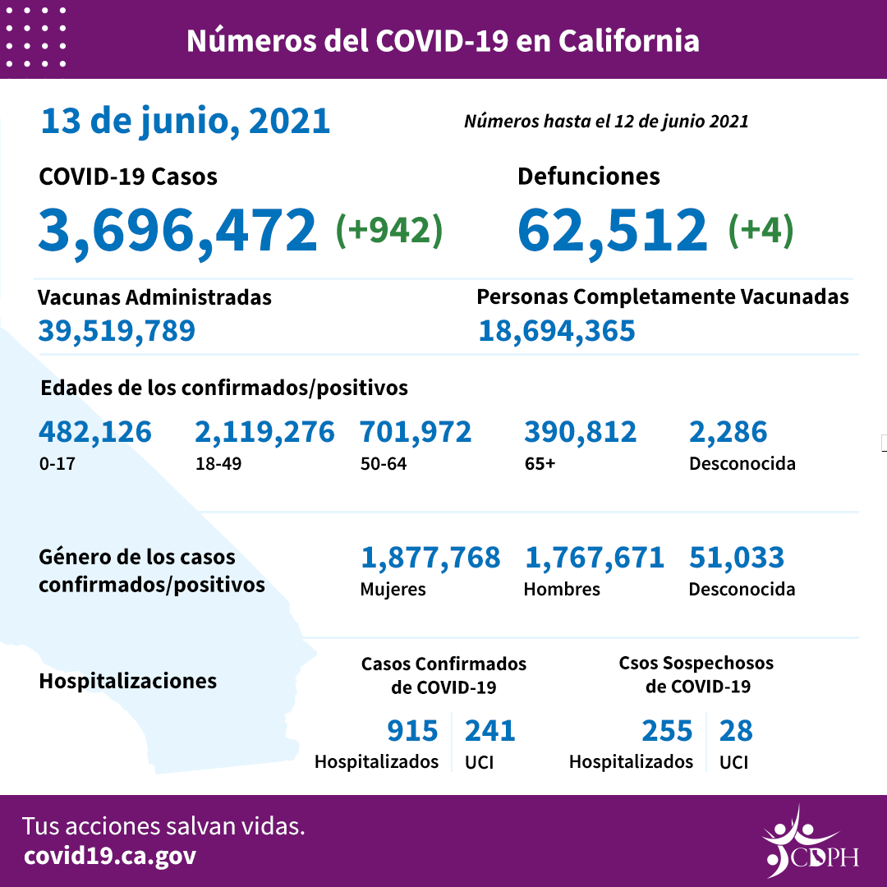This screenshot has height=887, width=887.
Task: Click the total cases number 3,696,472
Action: click(177, 230)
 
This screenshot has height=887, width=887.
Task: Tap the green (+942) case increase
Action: click(389, 230)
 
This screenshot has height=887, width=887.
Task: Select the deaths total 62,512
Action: click(612, 230)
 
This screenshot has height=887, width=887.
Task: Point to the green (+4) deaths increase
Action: click(761, 230)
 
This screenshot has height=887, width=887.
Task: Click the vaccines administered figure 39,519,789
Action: click(117, 330)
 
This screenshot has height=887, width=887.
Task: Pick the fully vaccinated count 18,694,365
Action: click(557, 330)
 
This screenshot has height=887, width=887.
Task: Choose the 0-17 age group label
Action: click(55, 463)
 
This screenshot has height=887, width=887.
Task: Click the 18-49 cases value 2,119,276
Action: click(264, 431)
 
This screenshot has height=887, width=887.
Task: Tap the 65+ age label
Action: click(540, 463)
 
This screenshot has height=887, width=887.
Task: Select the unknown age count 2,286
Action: click(728, 431)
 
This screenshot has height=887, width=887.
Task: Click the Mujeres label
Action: click(393, 589)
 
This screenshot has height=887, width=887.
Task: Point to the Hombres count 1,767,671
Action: click(594, 558)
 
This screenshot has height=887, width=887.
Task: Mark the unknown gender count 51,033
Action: click(737, 558)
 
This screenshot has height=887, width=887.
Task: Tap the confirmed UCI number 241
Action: click(490, 730)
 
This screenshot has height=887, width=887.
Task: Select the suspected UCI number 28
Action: click(736, 730)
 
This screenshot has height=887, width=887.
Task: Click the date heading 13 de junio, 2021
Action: click(186, 121)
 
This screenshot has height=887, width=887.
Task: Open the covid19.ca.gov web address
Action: click(110, 856)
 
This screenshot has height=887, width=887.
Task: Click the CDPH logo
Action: click(809, 843)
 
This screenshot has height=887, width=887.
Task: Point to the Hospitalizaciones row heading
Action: click(128, 681)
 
